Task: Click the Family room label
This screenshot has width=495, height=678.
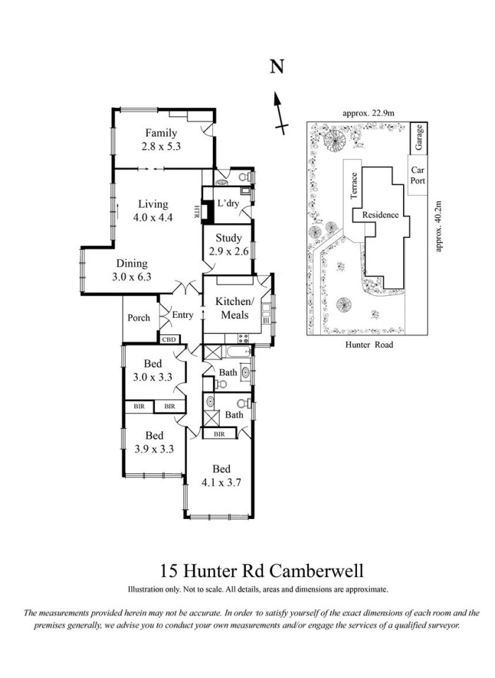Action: (x=161, y=133)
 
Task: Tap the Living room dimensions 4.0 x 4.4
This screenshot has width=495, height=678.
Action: (x=153, y=217)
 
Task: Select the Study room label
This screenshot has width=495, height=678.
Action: (x=228, y=238)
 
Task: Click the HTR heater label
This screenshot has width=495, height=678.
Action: (x=197, y=211)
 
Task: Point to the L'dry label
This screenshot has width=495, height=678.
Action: (x=228, y=203)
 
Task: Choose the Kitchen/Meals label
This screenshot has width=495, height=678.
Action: (x=233, y=308)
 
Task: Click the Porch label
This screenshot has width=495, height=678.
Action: (x=139, y=318)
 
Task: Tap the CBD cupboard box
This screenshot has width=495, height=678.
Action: (x=169, y=340)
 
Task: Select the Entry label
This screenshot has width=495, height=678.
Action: (x=182, y=315)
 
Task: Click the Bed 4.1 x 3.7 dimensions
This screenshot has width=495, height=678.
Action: (x=221, y=482)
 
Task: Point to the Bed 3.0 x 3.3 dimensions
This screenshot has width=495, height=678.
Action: (x=153, y=377)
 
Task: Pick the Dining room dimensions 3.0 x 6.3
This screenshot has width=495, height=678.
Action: (x=132, y=277)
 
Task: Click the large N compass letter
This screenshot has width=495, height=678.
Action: (x=277, y=66)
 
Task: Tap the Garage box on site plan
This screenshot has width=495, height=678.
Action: (x=419, y=138)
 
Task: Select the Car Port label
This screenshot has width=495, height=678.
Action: (x=417, y=175)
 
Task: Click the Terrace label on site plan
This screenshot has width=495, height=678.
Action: (x=354, y=186)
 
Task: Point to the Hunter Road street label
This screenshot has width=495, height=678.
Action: (x=369, y=345)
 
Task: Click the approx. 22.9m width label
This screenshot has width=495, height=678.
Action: (x=368, y=114)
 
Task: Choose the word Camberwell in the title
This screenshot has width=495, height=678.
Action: (x=317, y=571)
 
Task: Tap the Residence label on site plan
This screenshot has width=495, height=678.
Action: (x=380, y=215)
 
